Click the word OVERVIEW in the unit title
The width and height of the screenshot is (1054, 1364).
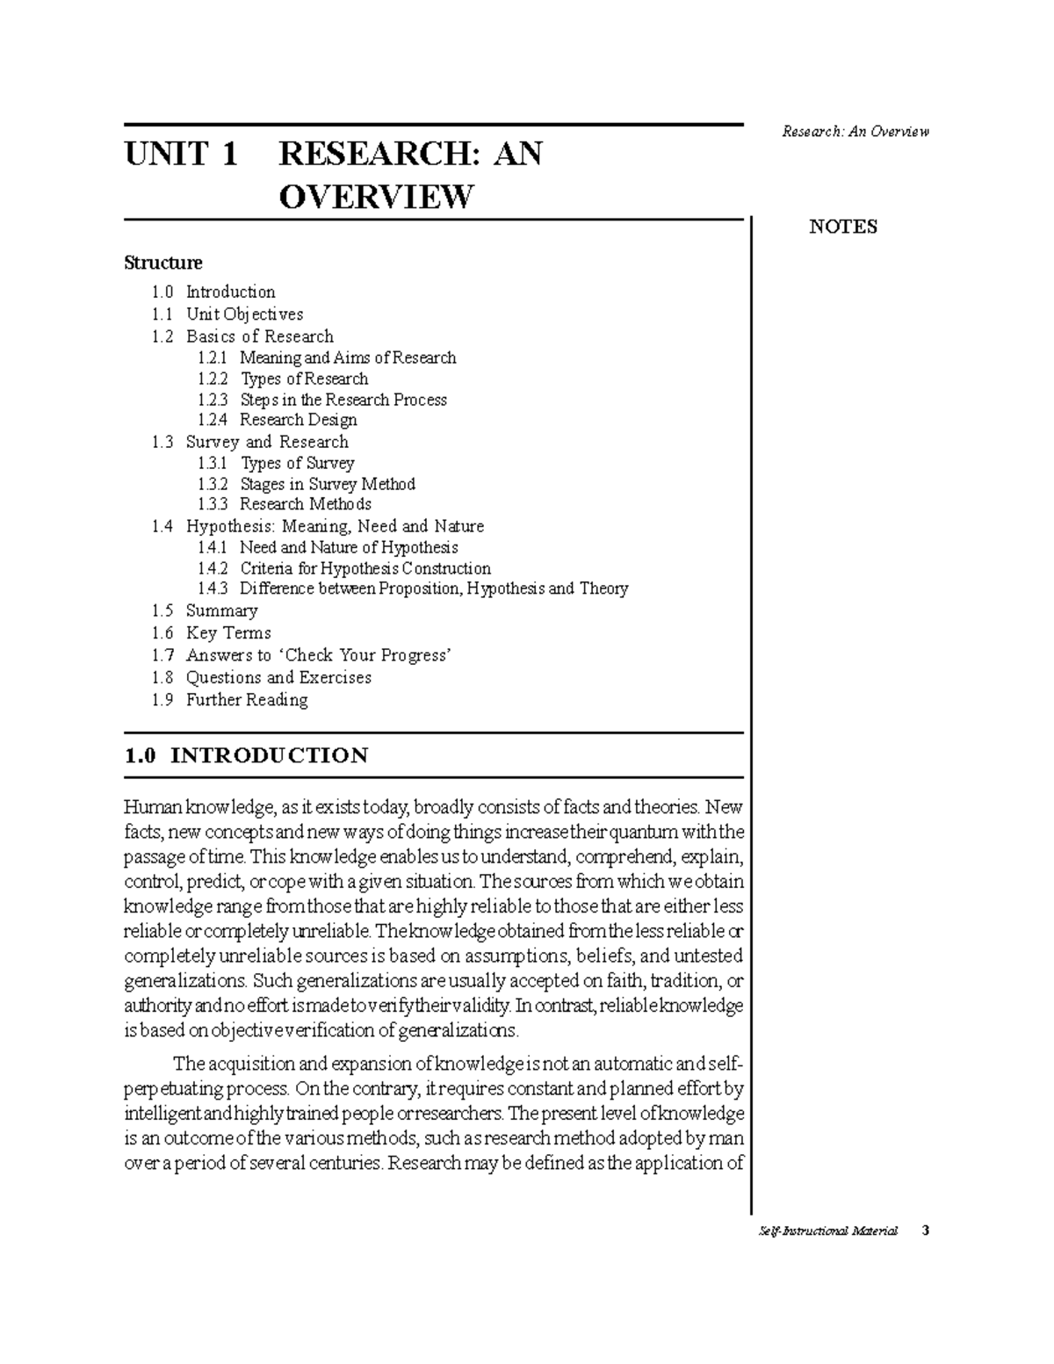coord(375,197)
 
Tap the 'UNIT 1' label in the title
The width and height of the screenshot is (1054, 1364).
coord(181,155)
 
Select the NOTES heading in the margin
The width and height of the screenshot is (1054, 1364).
coord(842,227)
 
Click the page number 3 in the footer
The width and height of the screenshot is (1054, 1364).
coord(925,1230)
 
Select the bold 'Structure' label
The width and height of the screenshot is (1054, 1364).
coord(163,263)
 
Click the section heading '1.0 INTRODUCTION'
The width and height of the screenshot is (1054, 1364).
coord(247,755)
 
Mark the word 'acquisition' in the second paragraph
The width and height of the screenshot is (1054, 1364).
coord(249,1064)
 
